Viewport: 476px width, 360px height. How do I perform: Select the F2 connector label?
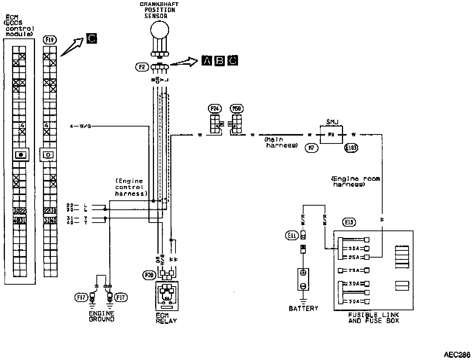142,67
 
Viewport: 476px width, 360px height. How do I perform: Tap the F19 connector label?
50,39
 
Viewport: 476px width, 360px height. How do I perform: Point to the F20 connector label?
150,275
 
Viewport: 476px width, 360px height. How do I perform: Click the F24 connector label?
215,109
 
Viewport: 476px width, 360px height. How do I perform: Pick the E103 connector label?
351,148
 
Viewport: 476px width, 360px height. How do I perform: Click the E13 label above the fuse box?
349,222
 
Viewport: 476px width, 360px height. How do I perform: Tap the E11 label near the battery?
292,236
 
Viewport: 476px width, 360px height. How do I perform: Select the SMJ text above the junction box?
332,122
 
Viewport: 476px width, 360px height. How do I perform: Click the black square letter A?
207,60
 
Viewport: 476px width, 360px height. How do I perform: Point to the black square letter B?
220,60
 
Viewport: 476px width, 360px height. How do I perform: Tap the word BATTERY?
303,308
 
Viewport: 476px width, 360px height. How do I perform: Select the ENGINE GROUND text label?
101,316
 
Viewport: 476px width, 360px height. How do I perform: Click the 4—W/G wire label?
81,126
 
